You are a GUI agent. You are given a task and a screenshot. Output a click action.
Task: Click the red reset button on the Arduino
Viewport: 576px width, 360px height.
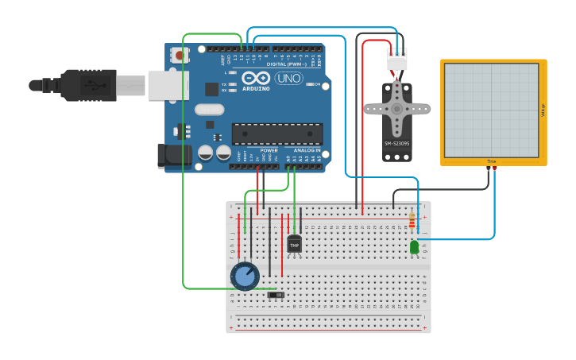pyautogui.click(x=180, y=56)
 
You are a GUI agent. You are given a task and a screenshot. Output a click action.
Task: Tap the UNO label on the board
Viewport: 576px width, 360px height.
pyautogui.click(x=288, y=78)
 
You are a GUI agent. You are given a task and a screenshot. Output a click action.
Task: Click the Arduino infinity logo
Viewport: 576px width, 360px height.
pyautogui.click(x=257, y=78)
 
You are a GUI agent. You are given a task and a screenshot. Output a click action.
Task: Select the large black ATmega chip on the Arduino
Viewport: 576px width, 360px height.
pyautogui.click(x=276, y=134)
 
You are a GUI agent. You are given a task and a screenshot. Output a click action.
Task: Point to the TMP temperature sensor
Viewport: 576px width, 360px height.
pyautogui.click(x=294, y=245)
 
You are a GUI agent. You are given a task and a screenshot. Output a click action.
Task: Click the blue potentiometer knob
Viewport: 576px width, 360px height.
pyautogui.click(x=245, y=276)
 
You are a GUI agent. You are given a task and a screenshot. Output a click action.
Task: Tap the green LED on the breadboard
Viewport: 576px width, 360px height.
pyautogui.click(x=414, y=247)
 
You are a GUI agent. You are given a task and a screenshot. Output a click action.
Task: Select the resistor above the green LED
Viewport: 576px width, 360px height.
pyautogui.click(x=412, y=221)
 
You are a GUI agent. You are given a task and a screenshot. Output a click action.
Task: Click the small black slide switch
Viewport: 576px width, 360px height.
pyautogui.click(x=276, y=295)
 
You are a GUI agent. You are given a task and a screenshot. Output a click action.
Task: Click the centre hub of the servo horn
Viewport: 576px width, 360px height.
pyautogui.click(x=396, y=108)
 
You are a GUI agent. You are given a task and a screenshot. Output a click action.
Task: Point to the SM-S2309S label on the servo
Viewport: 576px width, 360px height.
pyautogui.click(x=396, y=144)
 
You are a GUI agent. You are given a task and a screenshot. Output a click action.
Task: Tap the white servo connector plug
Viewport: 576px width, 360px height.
pyautogui.click(x=396, y=59)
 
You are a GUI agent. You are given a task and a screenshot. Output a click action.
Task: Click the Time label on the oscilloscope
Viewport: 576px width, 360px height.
pyautogui.click(x=492, y=161)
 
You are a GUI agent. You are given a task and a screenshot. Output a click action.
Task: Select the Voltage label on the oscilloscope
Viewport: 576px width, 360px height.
pyautogui.click(x=543, y=110)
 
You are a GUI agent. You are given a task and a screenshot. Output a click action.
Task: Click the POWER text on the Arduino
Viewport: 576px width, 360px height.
pyautogui.click(x=269, y=149)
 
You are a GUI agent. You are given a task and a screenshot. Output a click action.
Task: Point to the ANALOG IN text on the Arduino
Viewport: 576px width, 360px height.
pyautogui.click(x=307, y=149)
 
